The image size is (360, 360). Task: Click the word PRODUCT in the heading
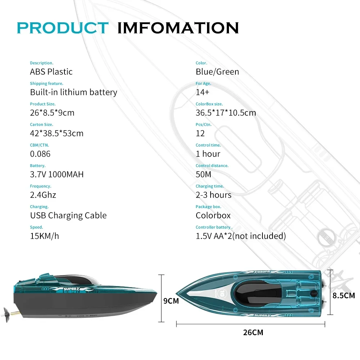62,28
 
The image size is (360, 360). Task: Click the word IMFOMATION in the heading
178,28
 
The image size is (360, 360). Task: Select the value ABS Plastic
51,72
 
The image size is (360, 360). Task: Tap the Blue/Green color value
217,72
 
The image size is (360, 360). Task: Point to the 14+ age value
202,92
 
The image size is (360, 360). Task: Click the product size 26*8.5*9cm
52,113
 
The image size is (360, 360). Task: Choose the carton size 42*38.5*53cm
57,133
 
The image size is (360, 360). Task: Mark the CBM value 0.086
40,154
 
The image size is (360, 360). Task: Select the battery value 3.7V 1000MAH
57,174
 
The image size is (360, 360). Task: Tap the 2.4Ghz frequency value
43,195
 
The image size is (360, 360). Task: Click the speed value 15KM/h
44,236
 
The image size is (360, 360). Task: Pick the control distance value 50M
203,174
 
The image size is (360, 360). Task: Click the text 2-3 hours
213,195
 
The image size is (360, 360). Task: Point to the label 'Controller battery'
213,227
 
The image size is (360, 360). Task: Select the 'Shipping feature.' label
46,84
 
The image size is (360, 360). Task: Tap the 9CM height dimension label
171,301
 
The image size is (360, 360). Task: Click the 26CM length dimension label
253,332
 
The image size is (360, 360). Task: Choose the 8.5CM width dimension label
343,296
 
